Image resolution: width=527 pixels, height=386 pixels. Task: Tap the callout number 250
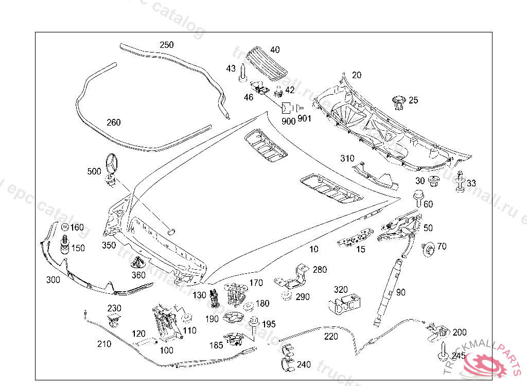coord(166,45)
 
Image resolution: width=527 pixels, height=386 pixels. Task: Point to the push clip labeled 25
coord(398,102)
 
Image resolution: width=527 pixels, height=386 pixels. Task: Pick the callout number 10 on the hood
coord(313,249)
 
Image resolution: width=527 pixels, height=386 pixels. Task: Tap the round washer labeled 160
coord(65,227)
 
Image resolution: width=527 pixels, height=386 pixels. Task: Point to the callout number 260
coord(113,122)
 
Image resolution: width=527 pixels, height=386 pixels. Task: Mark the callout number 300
coord(53,280)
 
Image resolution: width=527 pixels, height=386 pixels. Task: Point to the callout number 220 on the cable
coord(331,337)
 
